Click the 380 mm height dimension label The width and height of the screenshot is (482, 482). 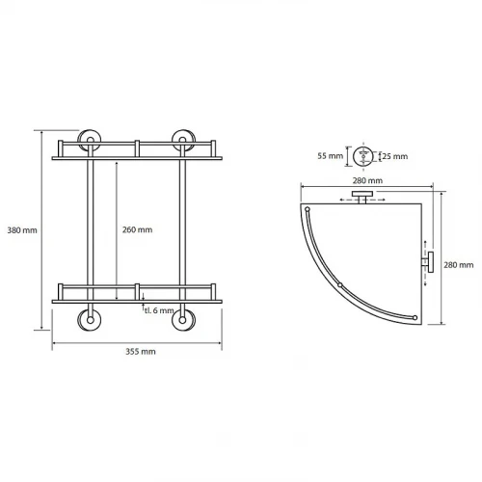click(22, 230)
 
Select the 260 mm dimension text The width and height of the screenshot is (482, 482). click(137, 229)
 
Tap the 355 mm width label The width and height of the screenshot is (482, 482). click(141, 352)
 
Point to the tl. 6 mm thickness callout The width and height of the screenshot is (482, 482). click(159, 310)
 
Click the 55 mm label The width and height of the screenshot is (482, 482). click(331, 156)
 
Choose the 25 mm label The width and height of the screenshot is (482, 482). click(395, 156)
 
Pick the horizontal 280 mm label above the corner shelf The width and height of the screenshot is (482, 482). click(367, 180)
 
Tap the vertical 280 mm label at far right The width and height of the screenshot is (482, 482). click(459, 265)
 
